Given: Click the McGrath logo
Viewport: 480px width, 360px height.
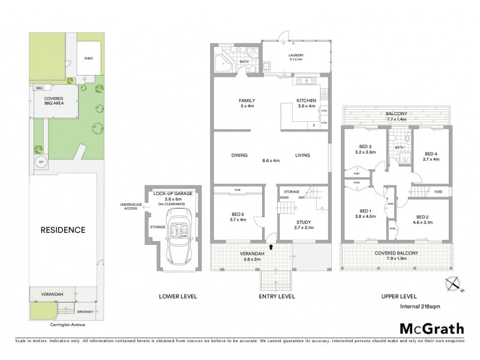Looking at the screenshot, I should coord(431,329).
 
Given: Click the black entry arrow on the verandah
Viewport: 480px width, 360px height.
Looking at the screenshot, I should coord(271,246).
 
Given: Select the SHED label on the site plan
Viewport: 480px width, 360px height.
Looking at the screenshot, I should coord(89,59).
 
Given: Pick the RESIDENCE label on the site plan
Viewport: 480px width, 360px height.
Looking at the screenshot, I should coord(63,230).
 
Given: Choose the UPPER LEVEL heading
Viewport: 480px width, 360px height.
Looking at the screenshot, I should coord(399,296).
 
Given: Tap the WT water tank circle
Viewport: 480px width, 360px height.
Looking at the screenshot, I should coord(41,161).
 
